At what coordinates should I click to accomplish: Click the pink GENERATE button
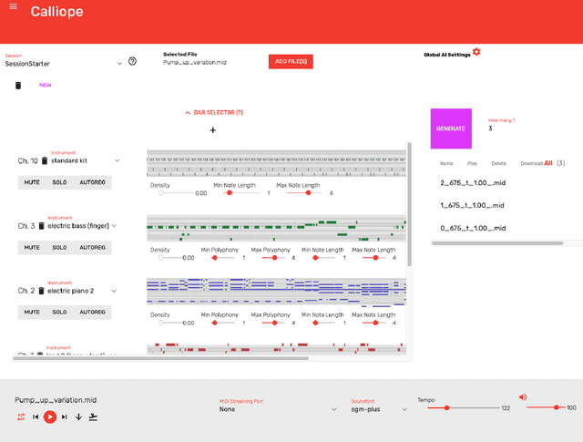(x=451, y=128)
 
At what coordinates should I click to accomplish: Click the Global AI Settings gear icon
(x=476, y=52)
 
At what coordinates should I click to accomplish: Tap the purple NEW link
(x=45, y=86)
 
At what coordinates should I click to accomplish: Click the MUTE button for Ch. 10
(x=32, y=182)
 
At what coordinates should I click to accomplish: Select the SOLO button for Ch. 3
(x=59, y=247)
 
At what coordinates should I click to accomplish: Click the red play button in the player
(x=50, y=416)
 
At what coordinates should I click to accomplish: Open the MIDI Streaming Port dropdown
(x=278, y=409)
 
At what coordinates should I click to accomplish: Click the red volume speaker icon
(x=523, y=397)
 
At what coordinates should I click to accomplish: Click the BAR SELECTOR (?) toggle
(x=214, y=112)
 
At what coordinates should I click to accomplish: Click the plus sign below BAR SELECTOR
(x=213, y=130)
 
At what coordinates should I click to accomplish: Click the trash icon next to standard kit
(x=44, y=160)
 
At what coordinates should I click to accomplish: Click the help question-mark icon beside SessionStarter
(x=133, y=62)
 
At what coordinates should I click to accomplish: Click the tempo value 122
(x=506, y=408)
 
